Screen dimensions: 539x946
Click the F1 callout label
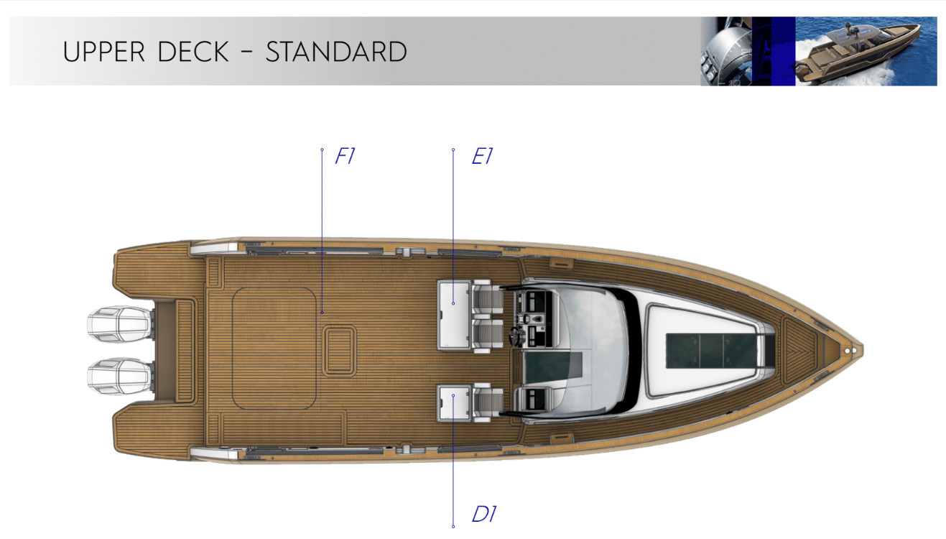point(346,157)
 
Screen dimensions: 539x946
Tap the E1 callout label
point(482,157)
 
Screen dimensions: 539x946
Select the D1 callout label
point(484,514)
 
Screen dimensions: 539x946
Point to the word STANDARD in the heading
point(336,52)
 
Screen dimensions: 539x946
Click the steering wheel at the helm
point(516,335)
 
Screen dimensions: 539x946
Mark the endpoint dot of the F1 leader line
point(322,313)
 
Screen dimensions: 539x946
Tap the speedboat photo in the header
point(866,51)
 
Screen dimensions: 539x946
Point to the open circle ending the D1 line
point(453,526)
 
